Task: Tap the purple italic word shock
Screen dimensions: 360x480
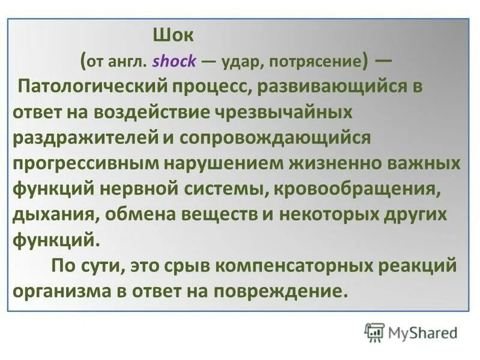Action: tap(172, 61)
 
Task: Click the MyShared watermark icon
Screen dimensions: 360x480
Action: tap(375, 332)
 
